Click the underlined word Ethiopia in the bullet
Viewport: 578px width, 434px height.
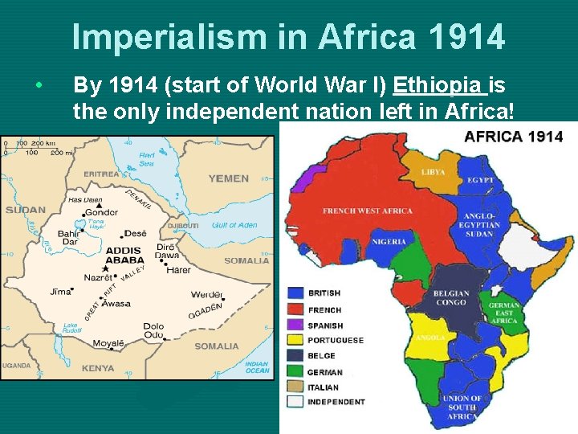[x=439, y=84]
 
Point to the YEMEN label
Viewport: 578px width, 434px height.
[x=228, y=178]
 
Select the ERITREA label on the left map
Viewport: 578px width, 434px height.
[x=101, y=174]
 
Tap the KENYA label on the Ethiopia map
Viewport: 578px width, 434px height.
[x=98, y=368]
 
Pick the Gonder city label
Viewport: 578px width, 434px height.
[x=102, y=213]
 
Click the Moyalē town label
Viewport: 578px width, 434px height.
[x=108, y=343]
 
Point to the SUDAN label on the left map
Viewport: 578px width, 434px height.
[x=26, y=210]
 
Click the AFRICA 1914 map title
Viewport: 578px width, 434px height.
[x=514, y=136]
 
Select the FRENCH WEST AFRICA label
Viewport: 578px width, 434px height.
[x=367, y=211]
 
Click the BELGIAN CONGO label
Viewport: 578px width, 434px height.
[x=450, y=298]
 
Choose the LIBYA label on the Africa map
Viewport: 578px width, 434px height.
[x=433, y=173]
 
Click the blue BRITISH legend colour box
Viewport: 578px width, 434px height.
[x=295, y=293]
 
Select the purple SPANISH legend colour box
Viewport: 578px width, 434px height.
[x=295, y=325]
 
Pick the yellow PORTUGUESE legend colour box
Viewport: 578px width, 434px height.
[x=295, y=340]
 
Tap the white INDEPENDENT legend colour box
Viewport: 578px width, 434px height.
[x=295, y=401]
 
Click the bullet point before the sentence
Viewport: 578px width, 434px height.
[x=38, y=84]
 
